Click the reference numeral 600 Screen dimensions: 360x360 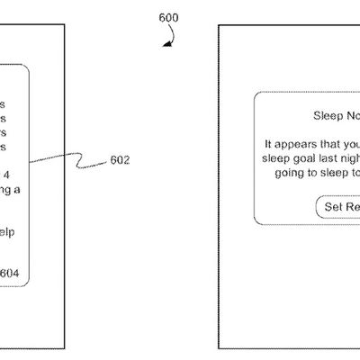pos(167,18)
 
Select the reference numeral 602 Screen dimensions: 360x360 pos(119,161)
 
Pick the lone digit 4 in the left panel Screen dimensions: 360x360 pos(8,175)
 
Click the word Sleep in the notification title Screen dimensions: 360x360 pos(328,115)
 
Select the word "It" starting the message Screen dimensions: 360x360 pos(268,143)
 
